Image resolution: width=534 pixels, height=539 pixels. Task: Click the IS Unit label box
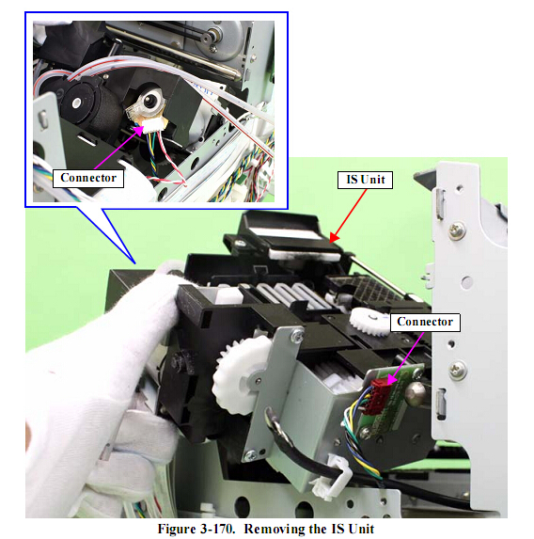click(x=365, y=180)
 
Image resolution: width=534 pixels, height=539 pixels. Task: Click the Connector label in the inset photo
click(x=88, y=178)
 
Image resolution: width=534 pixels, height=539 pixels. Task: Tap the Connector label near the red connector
click(x=425, y=322)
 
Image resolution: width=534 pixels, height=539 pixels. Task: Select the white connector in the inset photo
click(x=153, y=125)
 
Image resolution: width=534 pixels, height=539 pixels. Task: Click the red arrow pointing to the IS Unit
click(x=348, y=215)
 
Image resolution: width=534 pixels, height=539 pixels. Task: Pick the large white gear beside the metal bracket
click(x=241, y=374)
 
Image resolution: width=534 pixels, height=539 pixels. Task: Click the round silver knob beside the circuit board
click(x=416, y=393)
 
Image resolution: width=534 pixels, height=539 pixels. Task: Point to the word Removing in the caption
click(x=269, y=529)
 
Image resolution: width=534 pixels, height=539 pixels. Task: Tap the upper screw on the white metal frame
click(x=458, y=230)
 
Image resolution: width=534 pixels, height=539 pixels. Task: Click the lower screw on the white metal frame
click(x=458, y=371)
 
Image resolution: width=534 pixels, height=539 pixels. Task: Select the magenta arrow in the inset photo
click(x=118, y=147)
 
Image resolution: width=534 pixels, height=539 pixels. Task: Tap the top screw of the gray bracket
click(x=296, y=334)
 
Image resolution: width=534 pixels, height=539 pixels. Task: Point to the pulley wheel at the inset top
click(x=211, y=36)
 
